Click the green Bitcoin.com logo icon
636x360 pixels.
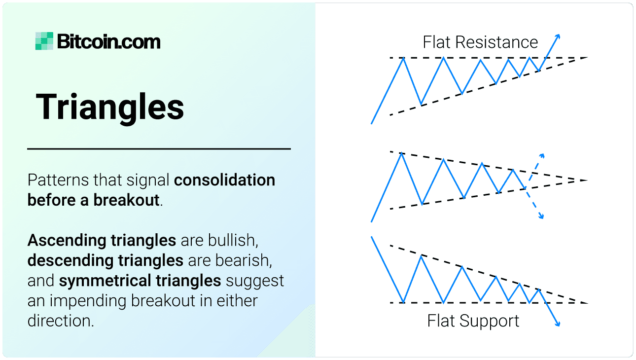pos(44,41)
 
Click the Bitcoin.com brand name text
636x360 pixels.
pos(109,42)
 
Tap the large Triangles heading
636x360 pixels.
pos(110,107)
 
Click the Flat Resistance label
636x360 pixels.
pos(480,42)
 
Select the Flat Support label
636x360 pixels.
pos(473,321)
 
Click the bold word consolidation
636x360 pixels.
pos(225,180)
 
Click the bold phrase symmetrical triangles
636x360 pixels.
pos(140,281)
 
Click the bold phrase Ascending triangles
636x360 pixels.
pos(102,241)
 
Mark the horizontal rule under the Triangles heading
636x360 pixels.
pos(159,148)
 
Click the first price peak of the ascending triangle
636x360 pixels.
pos(404,58)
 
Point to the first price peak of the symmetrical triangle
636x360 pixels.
pos(402,154)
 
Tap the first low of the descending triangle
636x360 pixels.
pos(403,302)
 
